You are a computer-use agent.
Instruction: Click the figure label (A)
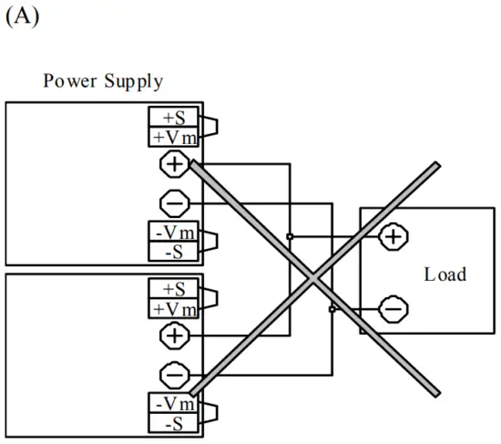22,17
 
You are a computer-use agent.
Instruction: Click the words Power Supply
103,82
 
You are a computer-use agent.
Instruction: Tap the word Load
445,274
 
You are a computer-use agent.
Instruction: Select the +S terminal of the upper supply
174,119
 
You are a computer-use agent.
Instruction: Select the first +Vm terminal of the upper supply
174,137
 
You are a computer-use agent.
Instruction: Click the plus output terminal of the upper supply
173,165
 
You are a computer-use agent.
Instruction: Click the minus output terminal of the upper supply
173,201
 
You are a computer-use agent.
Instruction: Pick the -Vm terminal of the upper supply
174,232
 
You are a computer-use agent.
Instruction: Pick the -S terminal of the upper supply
174,250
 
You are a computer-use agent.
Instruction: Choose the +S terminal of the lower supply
174,289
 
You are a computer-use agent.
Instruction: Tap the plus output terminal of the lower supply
173,336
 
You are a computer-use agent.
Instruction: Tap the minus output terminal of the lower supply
173,374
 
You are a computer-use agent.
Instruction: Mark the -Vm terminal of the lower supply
174,404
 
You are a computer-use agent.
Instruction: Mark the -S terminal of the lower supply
174,422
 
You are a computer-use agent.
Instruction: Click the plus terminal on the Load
393,237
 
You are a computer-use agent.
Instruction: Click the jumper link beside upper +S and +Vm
210,128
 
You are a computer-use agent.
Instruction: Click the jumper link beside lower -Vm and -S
210,413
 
